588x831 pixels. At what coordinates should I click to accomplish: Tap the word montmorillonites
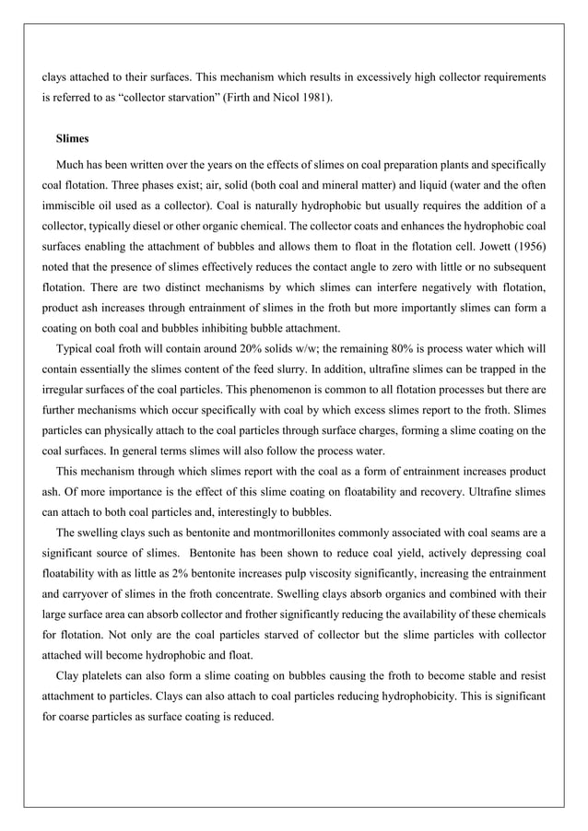(x=265, y=532)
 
